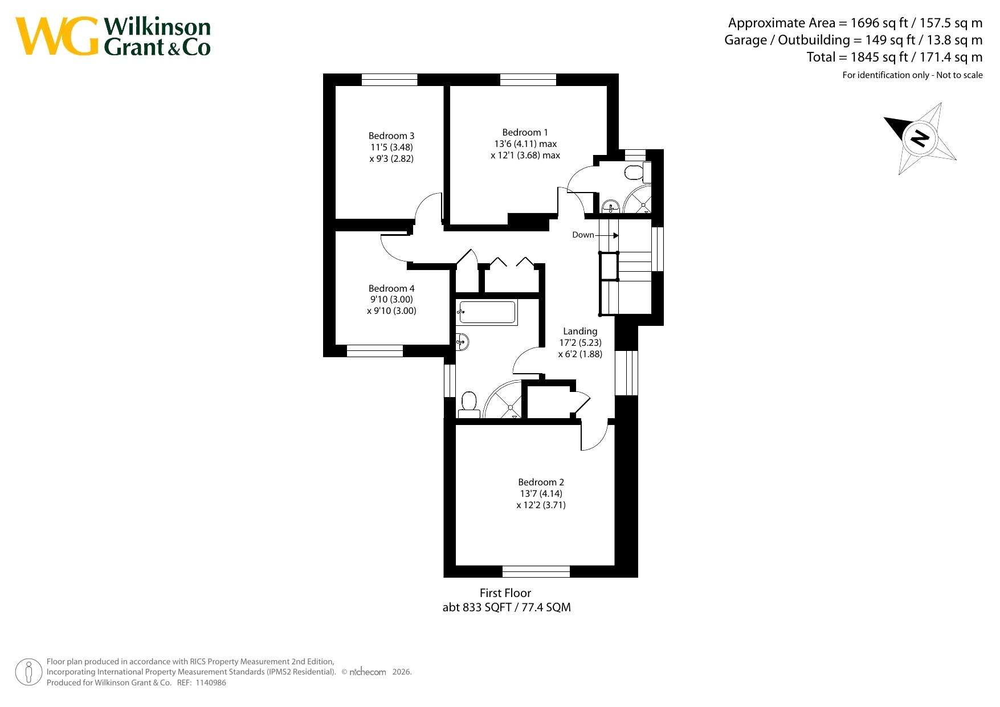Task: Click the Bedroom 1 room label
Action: (x=525, y=132)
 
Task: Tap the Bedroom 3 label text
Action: (x=391, y=136)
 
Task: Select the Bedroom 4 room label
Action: (x=391, y=288)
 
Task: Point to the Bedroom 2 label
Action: (x=541, y=482)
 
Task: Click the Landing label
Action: (x=580, y=332)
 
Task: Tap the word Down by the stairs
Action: (x=583, y=235)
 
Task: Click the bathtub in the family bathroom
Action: (x=487, y=313)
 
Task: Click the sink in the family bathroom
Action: (x=463, y=342)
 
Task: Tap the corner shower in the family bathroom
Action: (x=503, y=400)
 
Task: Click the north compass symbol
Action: (x=920, y=138)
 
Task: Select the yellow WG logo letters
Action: (x=56, y=36)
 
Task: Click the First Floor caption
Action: (x=505, y=593)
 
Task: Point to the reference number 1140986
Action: (x=211, y=683)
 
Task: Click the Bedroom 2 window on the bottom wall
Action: (x=536, y=571)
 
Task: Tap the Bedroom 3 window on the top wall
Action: (x=390, y=80)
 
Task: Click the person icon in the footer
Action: (x=28, y=672)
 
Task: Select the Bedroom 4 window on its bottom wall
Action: (x=375, y=351)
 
